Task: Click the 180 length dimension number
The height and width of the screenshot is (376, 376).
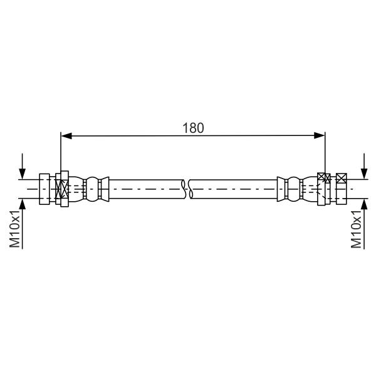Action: point(193,128)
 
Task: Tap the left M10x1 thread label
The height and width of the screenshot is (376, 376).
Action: point(14,229)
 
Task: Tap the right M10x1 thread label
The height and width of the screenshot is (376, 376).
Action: point(356,229)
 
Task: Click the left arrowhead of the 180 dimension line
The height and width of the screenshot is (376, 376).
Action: point(66,136)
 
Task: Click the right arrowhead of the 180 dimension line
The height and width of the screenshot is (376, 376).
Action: point(319,136)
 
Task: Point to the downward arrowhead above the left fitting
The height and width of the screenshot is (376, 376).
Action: point(23,174)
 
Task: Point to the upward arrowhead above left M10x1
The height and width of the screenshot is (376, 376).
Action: point(23,204)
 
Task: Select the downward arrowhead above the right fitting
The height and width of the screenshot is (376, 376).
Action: point(364,174)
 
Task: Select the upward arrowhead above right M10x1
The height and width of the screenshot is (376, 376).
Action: point(364,204)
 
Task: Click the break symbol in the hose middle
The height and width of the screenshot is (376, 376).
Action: point(187,189)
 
